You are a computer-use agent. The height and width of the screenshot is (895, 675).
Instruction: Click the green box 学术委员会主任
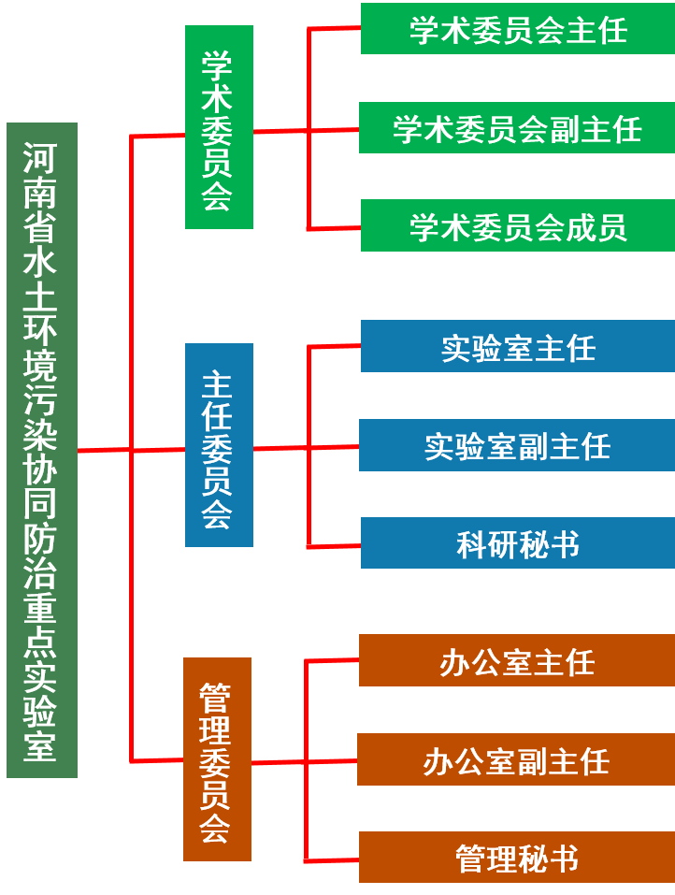coord(517,29)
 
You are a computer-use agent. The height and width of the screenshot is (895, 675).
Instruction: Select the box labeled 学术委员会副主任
coord(517,128)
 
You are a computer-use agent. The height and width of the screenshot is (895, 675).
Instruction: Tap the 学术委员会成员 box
coord(517,226)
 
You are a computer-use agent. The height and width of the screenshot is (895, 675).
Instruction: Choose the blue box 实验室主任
coord(517,347)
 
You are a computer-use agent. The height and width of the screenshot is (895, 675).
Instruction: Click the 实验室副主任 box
coord(517,445)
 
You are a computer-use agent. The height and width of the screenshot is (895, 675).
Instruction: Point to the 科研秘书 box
coord(517,543)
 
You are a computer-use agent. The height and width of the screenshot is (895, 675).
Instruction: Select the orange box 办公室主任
coord(516,661)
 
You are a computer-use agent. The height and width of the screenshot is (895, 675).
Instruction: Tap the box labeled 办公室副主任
coord(516,759)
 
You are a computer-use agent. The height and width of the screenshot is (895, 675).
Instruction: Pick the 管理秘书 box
coord(516,858)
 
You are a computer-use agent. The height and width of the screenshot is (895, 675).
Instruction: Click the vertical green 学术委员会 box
coord(219,127)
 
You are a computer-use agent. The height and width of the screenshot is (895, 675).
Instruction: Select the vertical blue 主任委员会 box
coord(219,445)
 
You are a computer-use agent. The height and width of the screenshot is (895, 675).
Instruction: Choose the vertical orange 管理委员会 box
coord(217,759)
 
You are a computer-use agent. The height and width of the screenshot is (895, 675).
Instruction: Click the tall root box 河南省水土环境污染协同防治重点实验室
coord(42,450)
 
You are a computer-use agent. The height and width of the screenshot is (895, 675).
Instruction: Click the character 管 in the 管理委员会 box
coord(216,697)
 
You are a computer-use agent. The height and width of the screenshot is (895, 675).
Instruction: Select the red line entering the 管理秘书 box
coord(332,859)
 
